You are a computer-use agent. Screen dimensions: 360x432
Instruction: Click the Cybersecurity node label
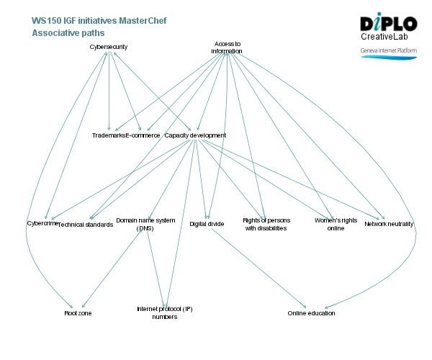pyautogui.click(x=109, y=47)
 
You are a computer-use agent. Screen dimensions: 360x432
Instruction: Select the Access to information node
pyautogui.click(x=227, y=48)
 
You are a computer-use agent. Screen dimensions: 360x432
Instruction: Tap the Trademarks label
pyautogui.click(x=109, y=135)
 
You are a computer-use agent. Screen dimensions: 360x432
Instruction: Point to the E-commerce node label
pyautogui.click(x=143, y=135)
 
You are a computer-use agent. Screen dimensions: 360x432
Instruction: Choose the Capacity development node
pyautogui.click(x=195, y=135)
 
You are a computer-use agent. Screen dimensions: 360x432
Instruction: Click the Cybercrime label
pyautogui.click(x=42, y=224)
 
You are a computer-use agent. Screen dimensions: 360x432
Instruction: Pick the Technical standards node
pyautogui.click(x=86, y=225)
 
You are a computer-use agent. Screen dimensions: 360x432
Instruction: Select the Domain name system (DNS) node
pyautogui.click(x=145, y=224)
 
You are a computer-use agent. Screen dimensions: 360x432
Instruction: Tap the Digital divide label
pyautogui.click(x=207, y=224)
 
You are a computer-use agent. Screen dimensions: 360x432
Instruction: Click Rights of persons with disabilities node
pyautogui.click(x=265, y=224)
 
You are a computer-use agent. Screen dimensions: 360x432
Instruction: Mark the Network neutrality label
pyautogui.click(x=389, y=224)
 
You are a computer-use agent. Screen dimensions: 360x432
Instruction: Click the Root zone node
pyautogui.click(x=78, y=313)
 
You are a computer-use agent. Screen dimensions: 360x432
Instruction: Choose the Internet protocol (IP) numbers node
pyautogui.click(x=164, y=312)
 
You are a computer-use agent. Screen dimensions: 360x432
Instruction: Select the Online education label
pyautogui.click(x=311, y=313)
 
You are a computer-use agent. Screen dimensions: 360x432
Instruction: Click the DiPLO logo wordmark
pyautogui.click(x=388, y=23)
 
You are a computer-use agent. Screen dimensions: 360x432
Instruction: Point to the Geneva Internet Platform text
pyautogui.click(x=388, y=51)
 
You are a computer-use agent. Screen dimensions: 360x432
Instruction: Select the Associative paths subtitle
pyautogui.click(x=68, y=33)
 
